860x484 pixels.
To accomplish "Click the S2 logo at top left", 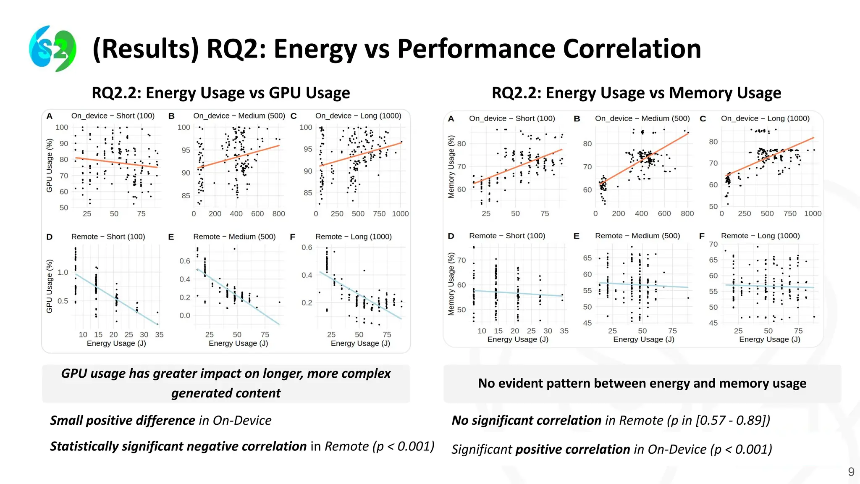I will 52,48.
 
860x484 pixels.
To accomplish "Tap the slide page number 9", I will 851,472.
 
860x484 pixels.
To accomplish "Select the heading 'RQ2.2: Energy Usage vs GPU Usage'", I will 220,93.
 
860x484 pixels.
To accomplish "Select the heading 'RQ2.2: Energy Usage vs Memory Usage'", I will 636,93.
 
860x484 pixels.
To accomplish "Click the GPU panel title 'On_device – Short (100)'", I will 113,116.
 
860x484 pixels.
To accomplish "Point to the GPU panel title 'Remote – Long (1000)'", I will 353,237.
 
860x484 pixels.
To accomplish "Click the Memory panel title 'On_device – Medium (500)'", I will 642,118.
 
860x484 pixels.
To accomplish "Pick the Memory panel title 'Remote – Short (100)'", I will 507,236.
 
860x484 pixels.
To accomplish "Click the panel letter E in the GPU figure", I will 171,237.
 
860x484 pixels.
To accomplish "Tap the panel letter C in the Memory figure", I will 703,119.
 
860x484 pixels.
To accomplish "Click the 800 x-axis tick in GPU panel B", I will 278,214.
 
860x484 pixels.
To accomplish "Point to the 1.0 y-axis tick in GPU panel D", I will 63,272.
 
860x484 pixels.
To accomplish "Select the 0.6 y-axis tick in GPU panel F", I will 307,247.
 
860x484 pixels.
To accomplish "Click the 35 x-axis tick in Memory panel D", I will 564,331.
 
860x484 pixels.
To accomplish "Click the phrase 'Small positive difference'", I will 122,421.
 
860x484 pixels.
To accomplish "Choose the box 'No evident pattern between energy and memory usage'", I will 642,383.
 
